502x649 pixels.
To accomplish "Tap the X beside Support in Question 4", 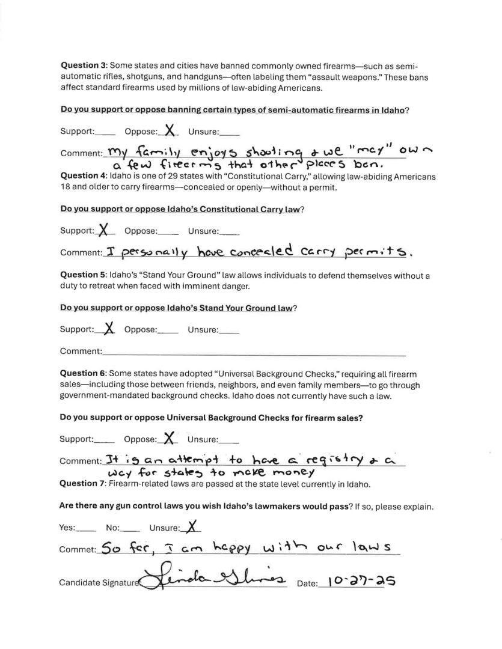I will [x=105, y=229].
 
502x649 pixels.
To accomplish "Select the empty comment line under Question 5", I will [x=253, y=351].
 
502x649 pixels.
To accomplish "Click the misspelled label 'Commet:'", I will [x=77, y=549].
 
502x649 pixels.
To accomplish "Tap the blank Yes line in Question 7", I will [x=87, y=529].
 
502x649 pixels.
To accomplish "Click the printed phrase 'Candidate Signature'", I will [x=99, y=583].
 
